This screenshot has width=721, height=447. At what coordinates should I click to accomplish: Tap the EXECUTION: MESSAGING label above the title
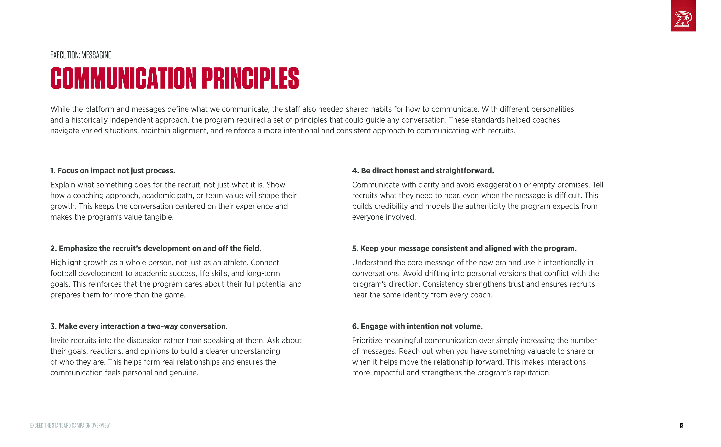tap(81, 55)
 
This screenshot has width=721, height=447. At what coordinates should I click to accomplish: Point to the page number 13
tap(681, 425)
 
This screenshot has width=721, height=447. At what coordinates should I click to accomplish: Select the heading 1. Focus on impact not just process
tap(112, 171)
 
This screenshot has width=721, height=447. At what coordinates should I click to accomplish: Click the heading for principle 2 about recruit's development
tap(156, 249)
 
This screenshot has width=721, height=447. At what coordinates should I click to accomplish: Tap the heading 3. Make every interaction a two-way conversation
tap(139, 326)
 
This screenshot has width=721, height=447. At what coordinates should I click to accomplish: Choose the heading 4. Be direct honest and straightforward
tap(423, 171)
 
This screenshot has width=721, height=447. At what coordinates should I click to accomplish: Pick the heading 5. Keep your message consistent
tap(464, 249)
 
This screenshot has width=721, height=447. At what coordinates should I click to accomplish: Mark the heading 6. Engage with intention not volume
tap(417, 326)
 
